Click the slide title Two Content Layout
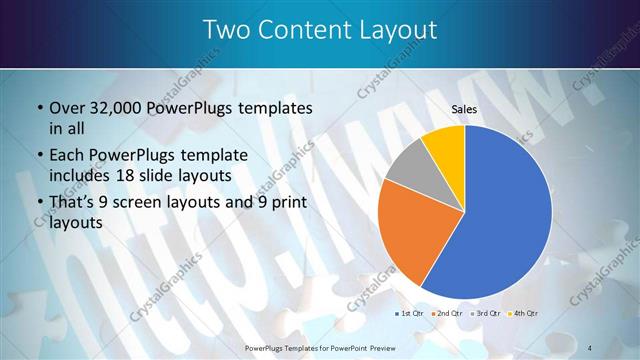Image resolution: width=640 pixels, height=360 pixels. click(x=319, y=30)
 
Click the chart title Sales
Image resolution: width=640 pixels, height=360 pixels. click(x=464, y=108)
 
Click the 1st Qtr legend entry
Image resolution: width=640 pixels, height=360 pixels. click(x=407, y=313)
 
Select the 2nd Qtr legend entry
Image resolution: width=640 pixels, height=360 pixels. click(x=445, y=313)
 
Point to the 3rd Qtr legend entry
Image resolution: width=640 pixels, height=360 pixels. click(x=484, y=313)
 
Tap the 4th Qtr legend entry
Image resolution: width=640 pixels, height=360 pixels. click(x=523, y=313)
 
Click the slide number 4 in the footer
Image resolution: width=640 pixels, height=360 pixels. click(x=591, y=347)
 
